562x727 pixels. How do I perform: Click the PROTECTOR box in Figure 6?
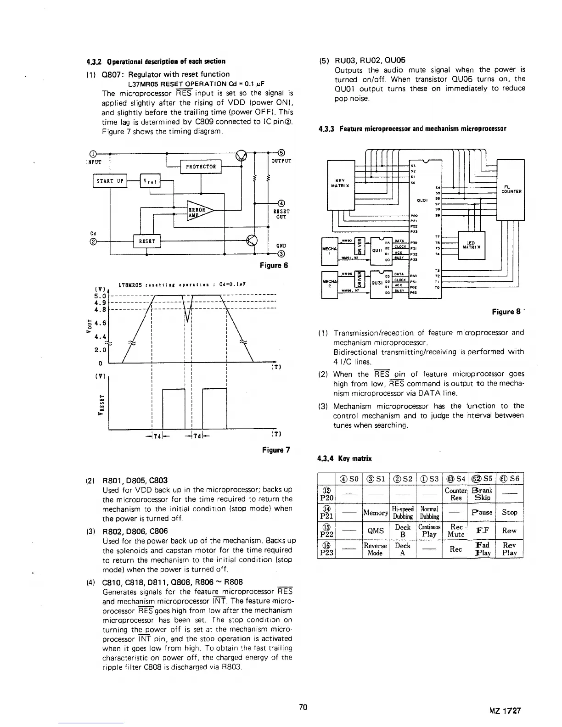(201, 166)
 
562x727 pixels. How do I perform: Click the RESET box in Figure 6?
(146, 241)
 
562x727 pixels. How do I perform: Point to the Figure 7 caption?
(275, 449)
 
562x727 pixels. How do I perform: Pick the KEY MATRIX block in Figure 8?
(341, 183)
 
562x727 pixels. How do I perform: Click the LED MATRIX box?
(472, 246)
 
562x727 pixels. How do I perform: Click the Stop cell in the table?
(510, 512)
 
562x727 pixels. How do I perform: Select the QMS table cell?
(376, 531)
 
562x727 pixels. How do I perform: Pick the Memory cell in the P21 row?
(376, 512)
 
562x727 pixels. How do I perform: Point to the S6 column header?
(510, 478)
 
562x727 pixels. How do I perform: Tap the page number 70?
(303, 707)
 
